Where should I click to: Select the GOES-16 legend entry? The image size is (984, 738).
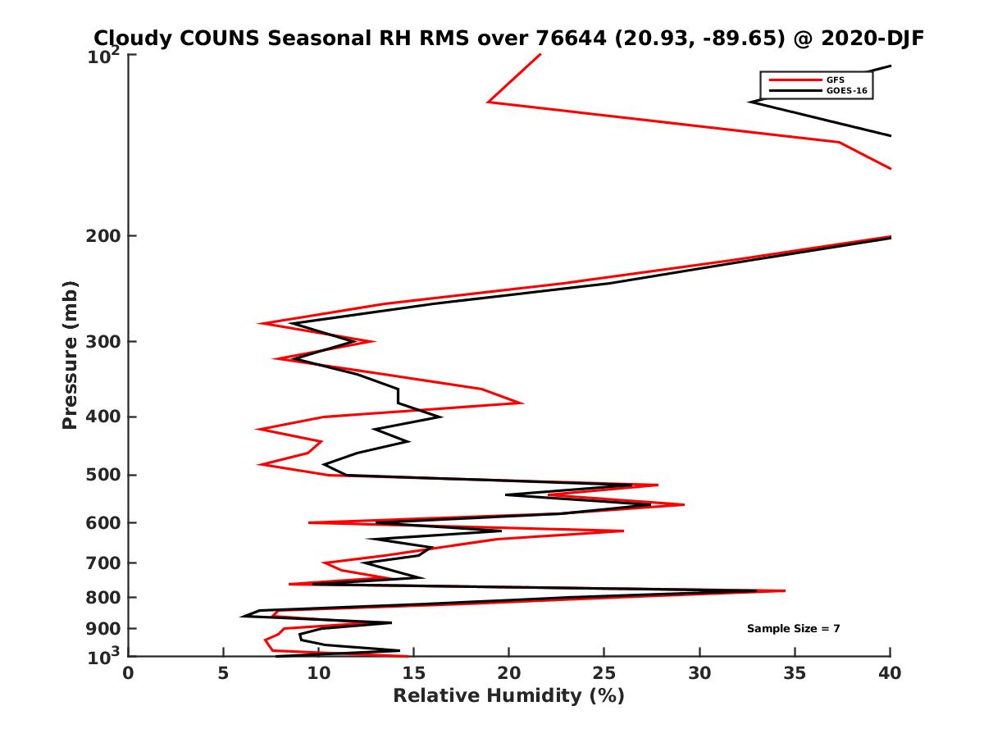point(845,90)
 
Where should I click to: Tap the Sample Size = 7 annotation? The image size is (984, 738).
point(793,629)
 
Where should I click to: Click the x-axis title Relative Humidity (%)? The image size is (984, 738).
point(508,696)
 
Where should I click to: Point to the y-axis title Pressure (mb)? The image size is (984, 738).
point(70,354)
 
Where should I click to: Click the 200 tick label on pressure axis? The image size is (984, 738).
point(104,236)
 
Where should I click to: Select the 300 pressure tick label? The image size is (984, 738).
point(104,342)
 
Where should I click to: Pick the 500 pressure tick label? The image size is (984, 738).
point(104,475)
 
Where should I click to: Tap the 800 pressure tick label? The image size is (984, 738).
point(104,597)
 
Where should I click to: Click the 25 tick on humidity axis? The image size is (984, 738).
point(604,673)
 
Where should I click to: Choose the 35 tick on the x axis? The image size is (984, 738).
point(795,673)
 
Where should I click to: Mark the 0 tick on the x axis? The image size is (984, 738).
point(128,673)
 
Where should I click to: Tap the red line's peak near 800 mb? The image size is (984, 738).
point(785,590)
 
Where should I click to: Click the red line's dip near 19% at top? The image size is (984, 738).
point(489,102)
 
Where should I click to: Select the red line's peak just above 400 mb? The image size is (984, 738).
point(522,403)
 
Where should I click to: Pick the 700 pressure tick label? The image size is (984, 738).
point(104,563)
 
